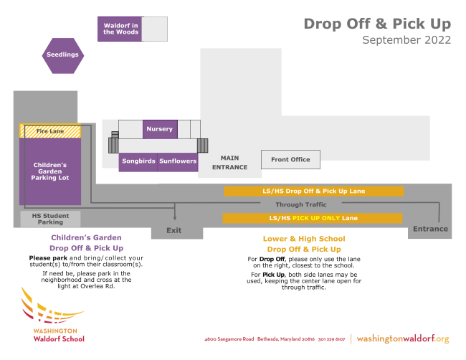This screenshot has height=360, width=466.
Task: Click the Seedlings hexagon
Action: click(62, 55)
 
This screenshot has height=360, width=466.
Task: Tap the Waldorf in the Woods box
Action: click(120, 29)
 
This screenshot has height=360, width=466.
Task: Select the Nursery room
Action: click(159, 129)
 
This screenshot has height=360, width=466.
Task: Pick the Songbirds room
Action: click(138, 161)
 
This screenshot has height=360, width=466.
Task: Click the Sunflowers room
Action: click(178, 161)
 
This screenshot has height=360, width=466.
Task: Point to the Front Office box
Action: click(290, 159)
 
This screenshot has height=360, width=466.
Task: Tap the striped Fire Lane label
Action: click(50, 131)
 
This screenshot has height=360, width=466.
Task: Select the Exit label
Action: click(174, 231)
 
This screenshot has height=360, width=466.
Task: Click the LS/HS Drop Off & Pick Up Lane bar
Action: click(314, 191)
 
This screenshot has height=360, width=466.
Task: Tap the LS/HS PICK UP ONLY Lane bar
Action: click(312, 218)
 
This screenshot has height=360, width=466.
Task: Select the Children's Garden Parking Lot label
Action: click(50, 171)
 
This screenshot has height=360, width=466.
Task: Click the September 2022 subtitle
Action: click(406, 40)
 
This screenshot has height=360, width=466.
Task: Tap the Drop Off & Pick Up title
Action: click(377, 23)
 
